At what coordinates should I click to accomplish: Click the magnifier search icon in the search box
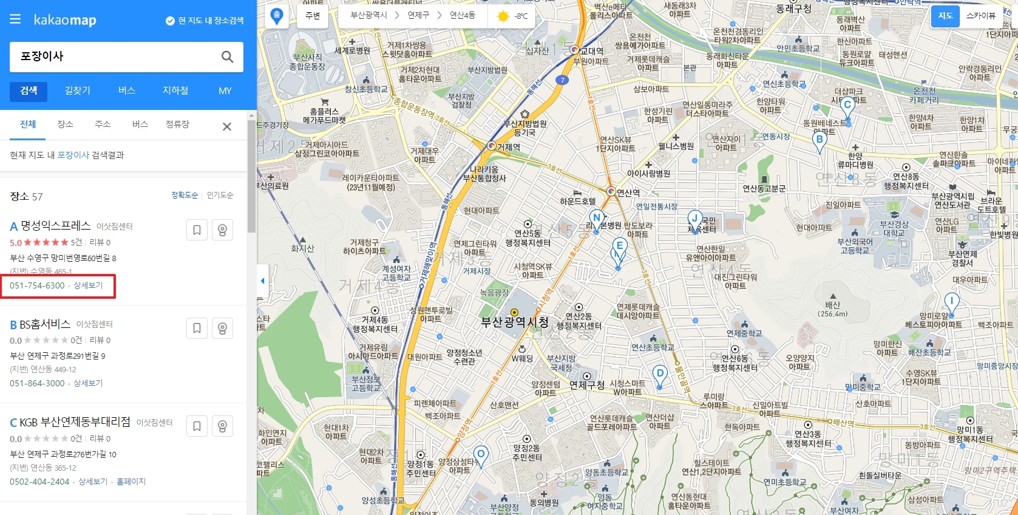(227, 56)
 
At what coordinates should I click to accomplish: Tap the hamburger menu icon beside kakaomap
(15, 19)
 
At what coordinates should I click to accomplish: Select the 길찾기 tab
(78, 90)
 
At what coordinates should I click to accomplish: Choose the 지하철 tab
(175, 90)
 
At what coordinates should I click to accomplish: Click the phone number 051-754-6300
(37, 285)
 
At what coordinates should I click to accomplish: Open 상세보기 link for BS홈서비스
(88, 383)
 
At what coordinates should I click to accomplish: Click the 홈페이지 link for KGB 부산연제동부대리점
(131, 482)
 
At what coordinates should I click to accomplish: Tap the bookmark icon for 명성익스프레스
(197, 230)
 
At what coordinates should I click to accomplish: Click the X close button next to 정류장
(227, 126)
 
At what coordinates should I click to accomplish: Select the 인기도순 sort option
(220, 195)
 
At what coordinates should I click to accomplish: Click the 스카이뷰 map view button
(981, 16)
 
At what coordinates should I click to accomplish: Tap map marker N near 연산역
(597, 219)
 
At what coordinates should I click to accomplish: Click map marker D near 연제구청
(660, 374)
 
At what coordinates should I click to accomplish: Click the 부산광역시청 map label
(515, 322)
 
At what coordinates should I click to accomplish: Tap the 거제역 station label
(508, 147)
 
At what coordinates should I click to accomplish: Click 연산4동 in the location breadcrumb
(462, 15)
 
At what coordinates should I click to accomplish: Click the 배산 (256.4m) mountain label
(833, 309)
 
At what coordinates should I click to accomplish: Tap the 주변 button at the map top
(313, 16)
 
